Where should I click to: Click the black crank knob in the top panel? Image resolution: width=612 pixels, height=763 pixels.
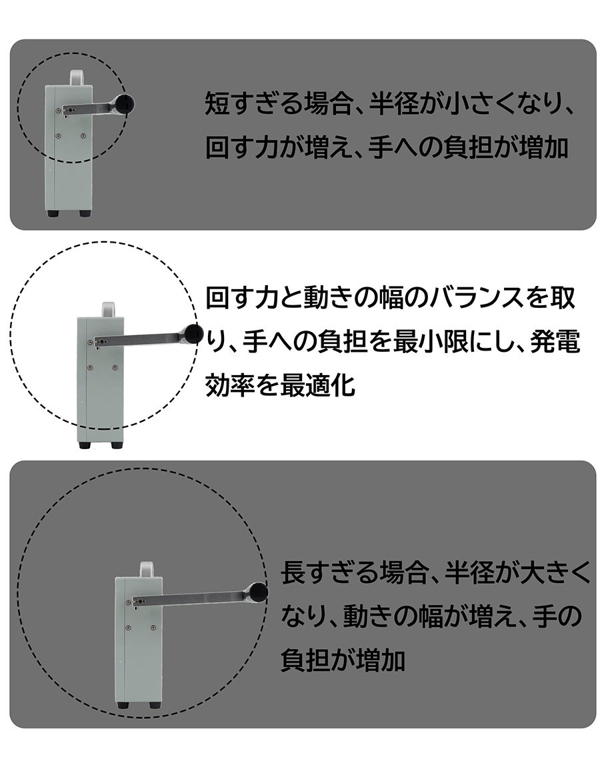tap(125, 104)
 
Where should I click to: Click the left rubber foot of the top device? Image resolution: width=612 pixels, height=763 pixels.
tap(53, 213)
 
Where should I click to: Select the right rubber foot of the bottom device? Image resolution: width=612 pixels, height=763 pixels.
tap(154, 704)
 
